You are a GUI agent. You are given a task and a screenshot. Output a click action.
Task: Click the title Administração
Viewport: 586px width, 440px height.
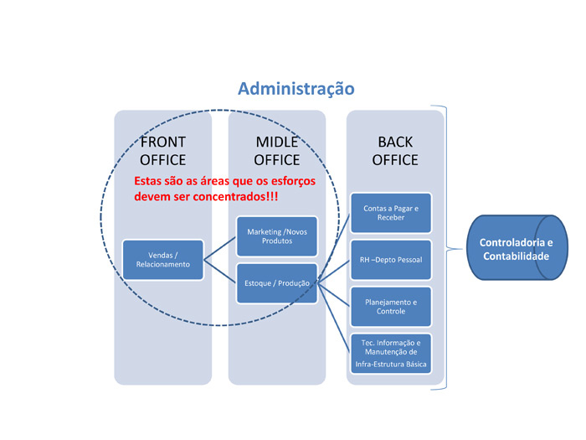[296, 89]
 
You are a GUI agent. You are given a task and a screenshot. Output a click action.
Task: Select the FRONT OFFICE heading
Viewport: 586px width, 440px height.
[163, 151]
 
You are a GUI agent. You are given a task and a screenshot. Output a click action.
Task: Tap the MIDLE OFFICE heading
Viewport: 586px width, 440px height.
[277, 151]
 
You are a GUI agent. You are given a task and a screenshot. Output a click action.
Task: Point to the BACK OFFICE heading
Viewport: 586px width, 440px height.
[395, 151]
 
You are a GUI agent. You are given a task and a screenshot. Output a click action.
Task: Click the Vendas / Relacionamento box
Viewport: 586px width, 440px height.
[163, 260]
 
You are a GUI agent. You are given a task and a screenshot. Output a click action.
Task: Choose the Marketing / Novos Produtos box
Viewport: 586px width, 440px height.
[277, 236]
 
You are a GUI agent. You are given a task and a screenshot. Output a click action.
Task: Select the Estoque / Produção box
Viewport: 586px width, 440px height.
[277, 283]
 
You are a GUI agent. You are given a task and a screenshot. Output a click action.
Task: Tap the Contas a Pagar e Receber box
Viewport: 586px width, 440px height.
[391, 213]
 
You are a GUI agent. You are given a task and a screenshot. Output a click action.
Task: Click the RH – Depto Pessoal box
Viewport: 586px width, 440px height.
[391, 260]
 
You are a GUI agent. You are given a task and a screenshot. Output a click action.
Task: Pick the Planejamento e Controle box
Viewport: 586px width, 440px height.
[391, 307]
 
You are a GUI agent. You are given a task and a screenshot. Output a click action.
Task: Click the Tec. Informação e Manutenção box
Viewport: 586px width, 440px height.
[391, 354]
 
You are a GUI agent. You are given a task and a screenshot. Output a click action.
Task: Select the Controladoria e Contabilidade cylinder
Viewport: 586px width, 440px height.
[517, 247]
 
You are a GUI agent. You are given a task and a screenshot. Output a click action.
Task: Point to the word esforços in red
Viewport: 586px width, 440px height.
[293, 182]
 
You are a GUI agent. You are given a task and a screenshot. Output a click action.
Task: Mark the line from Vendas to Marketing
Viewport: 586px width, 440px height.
[220, 248]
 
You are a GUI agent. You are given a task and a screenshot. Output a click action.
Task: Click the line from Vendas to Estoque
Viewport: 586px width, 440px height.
[220, 272]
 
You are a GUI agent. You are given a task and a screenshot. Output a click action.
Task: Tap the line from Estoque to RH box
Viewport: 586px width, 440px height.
[334, 272]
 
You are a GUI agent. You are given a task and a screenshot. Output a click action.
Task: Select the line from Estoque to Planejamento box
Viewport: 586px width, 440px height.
[334, 295]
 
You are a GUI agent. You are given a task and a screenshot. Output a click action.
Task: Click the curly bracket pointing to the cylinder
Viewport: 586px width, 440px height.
[447, 248]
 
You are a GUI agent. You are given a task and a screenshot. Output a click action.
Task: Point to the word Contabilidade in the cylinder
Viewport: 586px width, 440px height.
[517, 256]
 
